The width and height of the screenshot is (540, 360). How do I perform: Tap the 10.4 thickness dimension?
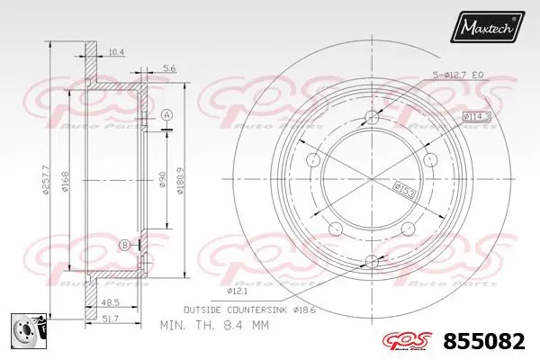point(115,52)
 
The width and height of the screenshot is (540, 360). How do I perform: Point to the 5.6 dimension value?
point(169,67)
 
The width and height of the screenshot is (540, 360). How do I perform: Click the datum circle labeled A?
point(166,114)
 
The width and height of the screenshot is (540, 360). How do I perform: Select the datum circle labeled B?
point(124,245)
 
